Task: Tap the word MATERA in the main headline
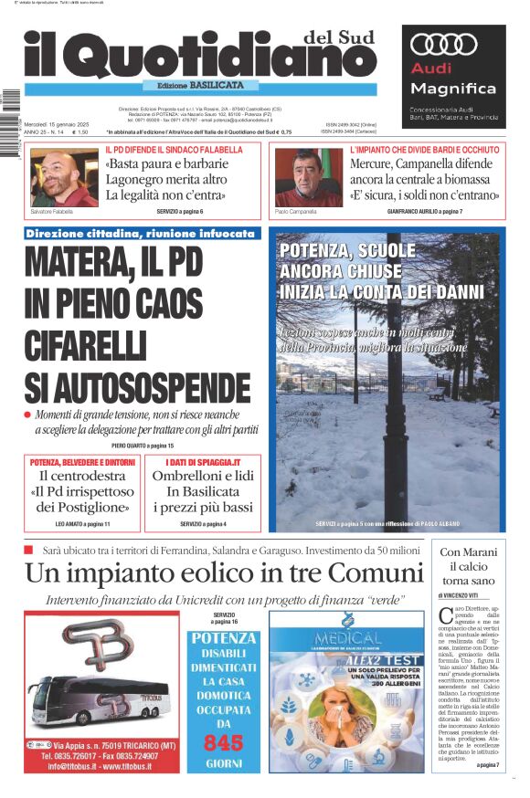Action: click(74, 263)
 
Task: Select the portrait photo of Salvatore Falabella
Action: click(65, 178)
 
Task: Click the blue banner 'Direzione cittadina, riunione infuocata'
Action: click(141, 234)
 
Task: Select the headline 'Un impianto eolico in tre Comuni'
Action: click(224, 573)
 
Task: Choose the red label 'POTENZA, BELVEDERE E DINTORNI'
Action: click(83, 462)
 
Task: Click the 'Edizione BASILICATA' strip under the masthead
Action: click(200, 85)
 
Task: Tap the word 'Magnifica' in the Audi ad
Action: click(453, 89)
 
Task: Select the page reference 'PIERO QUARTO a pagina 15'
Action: click(143, 445)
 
